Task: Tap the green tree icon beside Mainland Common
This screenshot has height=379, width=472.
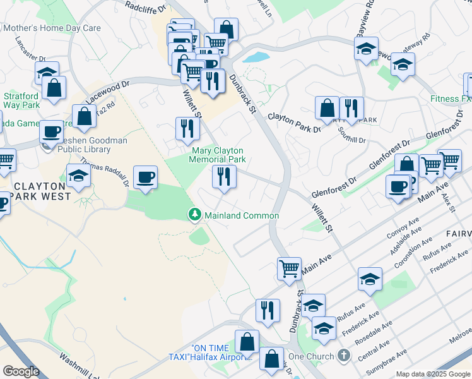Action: pos(196,215)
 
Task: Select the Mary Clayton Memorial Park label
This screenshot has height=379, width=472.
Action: pos(218,155)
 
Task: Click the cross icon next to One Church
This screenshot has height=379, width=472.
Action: pos(343,356)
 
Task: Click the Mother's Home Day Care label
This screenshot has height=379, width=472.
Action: pos(52,28)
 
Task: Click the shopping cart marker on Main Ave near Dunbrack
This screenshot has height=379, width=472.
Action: pos(289,268)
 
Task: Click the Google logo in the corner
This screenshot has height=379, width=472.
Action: pos(21,371)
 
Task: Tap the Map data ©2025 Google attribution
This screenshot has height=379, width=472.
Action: pos(433,374)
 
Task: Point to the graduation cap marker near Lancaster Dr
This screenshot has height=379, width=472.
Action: pos(47,73)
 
